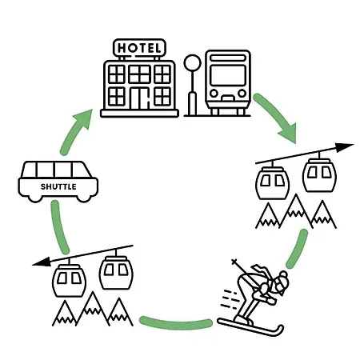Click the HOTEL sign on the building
pos(139,48)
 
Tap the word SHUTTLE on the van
pos(58,186)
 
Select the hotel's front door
pos(138,98)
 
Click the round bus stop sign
pos(192,62)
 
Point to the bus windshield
pos(228,75)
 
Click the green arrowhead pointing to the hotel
pos(83,118)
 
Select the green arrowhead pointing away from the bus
pos(289,133)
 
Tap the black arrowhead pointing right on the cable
pos(344,147)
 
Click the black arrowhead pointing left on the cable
pos(42,262)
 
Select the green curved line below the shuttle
pos(59,227)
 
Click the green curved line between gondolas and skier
pos(298,249)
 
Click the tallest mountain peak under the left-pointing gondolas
pos(93,293)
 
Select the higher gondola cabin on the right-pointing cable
pos(319,174)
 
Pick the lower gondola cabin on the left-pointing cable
pos(70,280)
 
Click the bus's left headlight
pos(214,94)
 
